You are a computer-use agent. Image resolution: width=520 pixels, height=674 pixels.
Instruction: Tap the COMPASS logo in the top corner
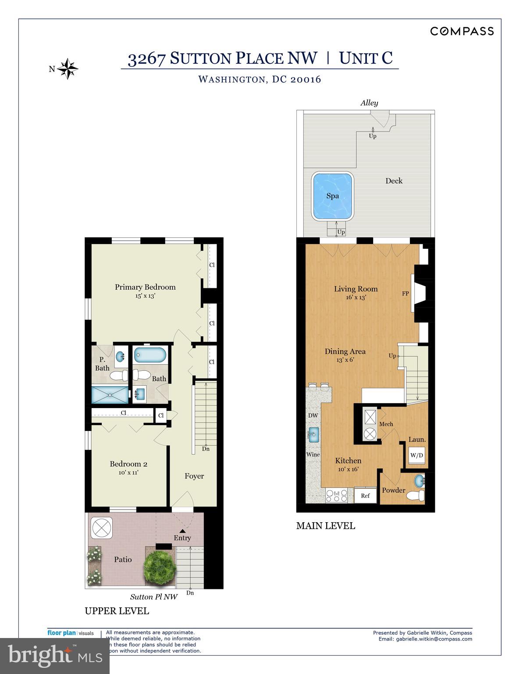(x=462, y=31)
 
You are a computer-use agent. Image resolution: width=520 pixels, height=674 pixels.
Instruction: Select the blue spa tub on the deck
(x=332, y=196)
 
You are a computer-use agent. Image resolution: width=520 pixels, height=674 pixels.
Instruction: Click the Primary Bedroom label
(x=145, y=287)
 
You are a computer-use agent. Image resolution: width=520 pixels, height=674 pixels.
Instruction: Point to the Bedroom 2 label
(x=128, y=464)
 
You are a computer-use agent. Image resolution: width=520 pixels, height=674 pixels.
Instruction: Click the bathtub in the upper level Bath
(x=150, y=355)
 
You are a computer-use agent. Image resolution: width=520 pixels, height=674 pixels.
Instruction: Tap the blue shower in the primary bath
(x=110, y=395)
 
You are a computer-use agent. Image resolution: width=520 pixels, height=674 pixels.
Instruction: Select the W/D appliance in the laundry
(x=417, y=455)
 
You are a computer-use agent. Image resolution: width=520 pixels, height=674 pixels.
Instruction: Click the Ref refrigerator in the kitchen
(x=365, y=495)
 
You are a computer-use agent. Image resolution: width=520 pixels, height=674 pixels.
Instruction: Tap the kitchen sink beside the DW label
(x=313, y=435)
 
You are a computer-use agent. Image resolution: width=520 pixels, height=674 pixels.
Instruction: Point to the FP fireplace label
(x=405, y=293)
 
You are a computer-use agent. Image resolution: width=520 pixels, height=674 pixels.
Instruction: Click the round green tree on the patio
(x=160, y=565)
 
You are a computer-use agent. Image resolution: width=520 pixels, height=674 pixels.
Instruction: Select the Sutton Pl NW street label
(x=153, y=597)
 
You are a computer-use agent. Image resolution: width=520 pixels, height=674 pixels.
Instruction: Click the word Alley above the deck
(x=369, y=103)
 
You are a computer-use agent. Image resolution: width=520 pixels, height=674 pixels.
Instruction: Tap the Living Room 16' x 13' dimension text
(x=356, y=297)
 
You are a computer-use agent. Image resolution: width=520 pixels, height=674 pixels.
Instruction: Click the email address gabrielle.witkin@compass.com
(x=434, y=639)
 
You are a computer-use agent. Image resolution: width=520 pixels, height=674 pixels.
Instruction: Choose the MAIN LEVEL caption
(x=325, y=526)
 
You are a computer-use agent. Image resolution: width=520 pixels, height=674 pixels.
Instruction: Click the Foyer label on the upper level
(x=194, y=476)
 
